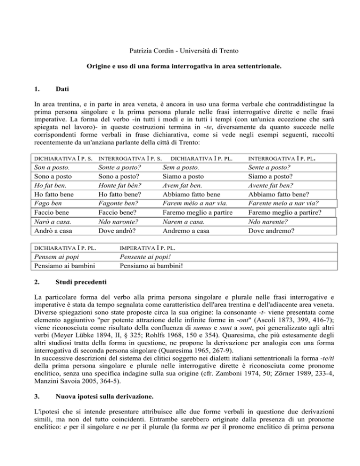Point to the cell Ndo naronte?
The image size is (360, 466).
pos(118,221)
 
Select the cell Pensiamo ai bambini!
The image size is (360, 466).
pos(152,266)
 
